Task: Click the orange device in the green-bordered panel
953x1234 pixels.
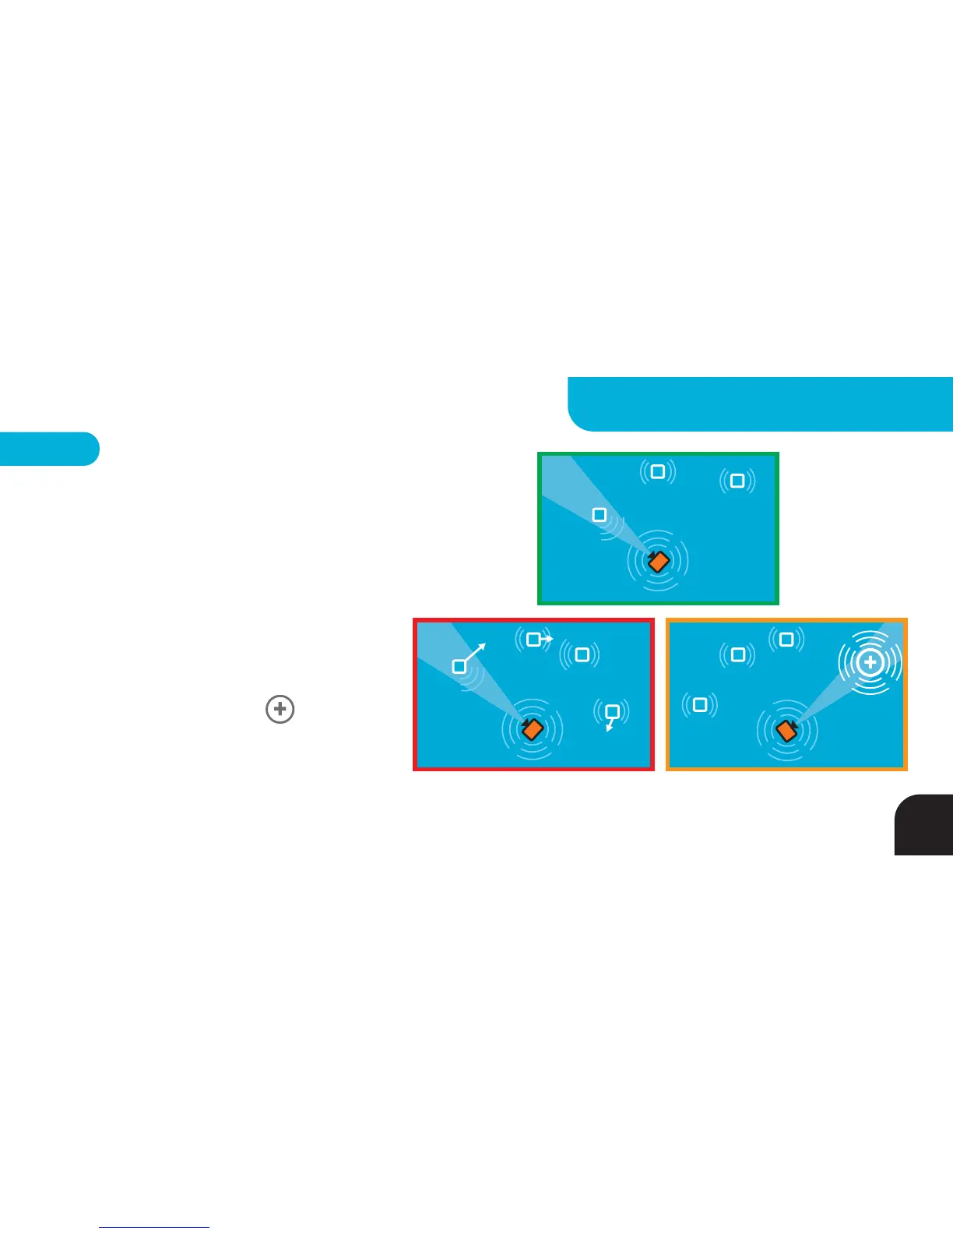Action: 659,561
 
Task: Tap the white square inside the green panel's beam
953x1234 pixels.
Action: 599,515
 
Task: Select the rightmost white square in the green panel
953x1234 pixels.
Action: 737,481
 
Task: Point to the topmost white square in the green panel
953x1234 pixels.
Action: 657,471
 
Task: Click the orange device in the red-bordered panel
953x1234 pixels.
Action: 532,729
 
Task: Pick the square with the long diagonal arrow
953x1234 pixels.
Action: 459,667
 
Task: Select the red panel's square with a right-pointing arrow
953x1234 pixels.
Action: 533,640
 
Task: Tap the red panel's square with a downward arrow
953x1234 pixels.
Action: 613,711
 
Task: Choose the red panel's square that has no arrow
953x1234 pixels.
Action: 581,655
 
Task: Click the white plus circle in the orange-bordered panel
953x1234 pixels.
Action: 870,663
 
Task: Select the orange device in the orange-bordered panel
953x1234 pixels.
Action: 786,730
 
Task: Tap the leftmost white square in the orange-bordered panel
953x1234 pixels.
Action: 699,705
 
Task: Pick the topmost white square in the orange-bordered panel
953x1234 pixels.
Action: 786,640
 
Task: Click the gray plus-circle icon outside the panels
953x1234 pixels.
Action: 280,710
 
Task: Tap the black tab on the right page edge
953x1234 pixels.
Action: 925,825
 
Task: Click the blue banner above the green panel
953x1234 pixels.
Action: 760,404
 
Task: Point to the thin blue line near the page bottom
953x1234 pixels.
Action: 154,1227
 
